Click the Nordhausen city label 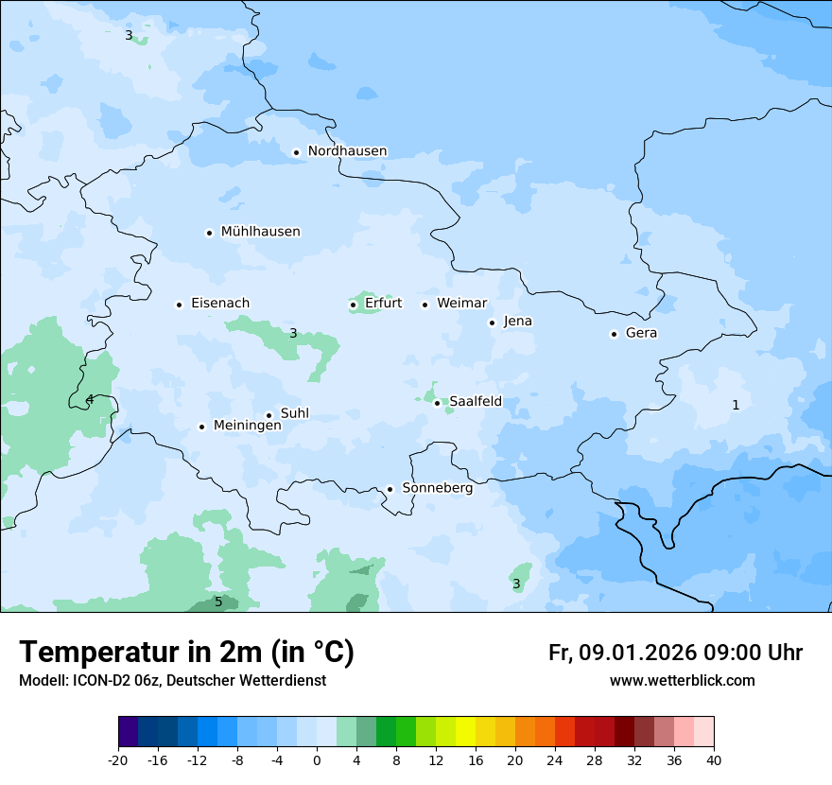pos(347,151)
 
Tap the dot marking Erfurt pos(353,305)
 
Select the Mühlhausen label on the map pos(260,232)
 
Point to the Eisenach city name pos(220,304)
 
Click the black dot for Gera pos(614,334)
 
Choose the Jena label pos(517,322)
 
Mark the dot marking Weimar pos(425,305)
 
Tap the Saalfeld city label pos(476,402)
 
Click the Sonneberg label pos(437,488)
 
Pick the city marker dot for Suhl pos(269,415)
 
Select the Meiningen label pos(247,426)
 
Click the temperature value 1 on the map pos(736,405)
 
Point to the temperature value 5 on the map pos(218,602)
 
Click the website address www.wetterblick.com pos(682,680)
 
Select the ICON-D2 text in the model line pos(95,680)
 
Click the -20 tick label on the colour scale pos(118,759)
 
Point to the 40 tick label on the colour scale pos(714,759)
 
